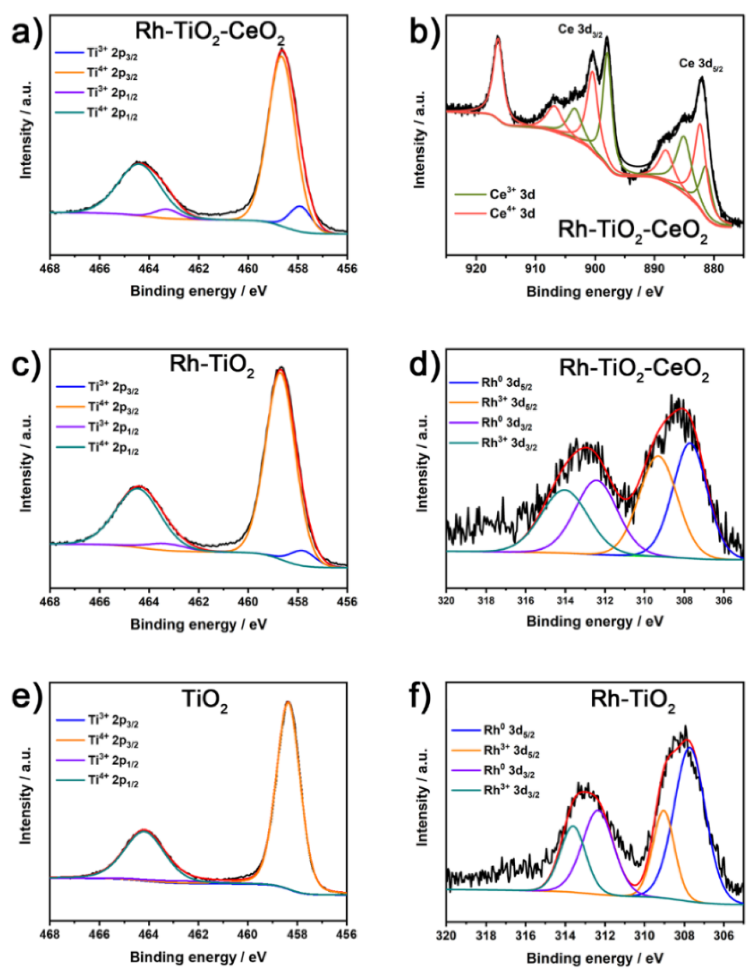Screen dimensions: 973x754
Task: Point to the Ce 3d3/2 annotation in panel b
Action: click(x=581, y=30)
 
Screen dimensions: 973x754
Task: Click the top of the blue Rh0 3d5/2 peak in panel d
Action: click(x=690, y=444)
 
